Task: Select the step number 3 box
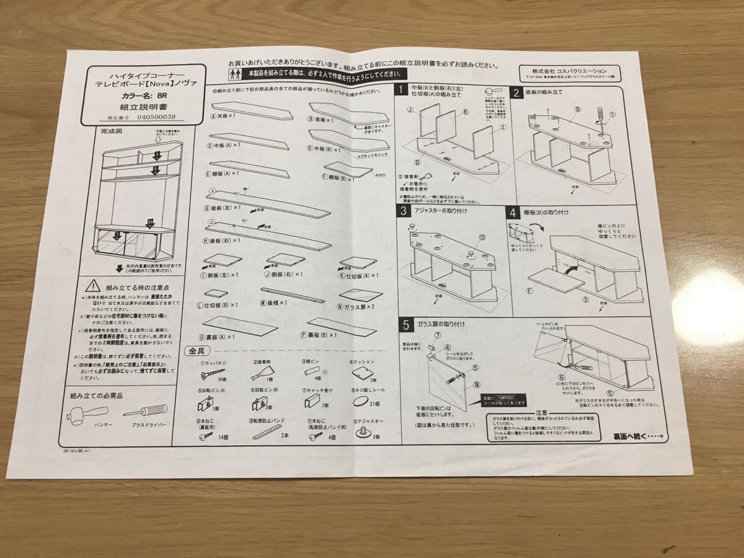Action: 404,211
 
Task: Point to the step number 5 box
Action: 405,324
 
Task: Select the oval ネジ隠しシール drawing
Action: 359,403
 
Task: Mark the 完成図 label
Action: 112,131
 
